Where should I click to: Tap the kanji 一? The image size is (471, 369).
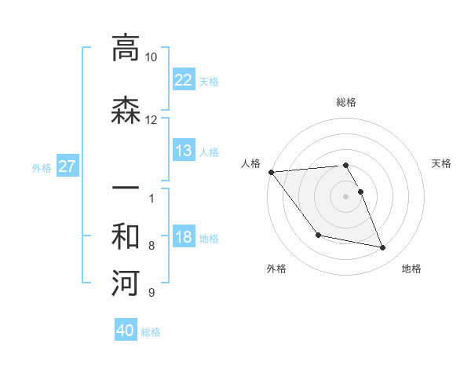126,189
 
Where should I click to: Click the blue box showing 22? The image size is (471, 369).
183,79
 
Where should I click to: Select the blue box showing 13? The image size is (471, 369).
183,151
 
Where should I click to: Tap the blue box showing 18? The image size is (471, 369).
183,237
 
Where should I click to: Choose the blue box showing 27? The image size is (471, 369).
67,166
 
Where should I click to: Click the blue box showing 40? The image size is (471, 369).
126,331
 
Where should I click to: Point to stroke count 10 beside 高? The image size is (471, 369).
151,57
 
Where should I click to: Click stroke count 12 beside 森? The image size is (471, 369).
151,119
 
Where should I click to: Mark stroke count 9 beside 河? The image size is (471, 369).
151,293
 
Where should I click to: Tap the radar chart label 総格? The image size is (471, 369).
346,102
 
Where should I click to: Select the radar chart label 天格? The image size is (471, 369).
441,163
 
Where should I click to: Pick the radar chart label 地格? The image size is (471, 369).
411,269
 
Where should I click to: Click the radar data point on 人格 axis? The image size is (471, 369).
271,172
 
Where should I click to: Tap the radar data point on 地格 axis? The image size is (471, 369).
383,248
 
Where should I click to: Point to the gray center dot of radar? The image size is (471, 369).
346,196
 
